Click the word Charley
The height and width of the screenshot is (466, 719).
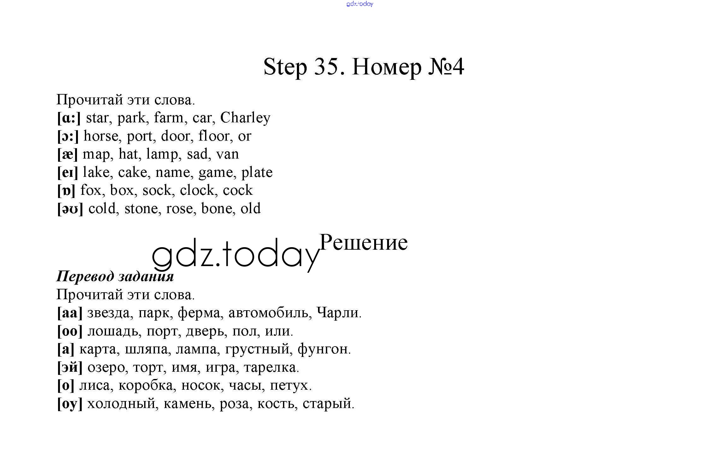pos(245,118)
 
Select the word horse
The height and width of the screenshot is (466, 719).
pos(101,136)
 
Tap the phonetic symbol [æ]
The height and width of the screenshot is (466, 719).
pos(68,154)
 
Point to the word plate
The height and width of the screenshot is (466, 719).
pos(257,173)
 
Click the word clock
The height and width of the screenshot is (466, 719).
pos(197,190)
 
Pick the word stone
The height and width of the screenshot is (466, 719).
pos(141,209)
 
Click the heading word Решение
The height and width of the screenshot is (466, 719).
pos(363,243)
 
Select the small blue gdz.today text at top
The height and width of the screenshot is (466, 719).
pos(360,4)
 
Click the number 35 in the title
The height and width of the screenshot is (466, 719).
pos(326,67)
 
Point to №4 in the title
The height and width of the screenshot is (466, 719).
pos(446,67)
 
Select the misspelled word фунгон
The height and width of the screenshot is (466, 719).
pos(323,349)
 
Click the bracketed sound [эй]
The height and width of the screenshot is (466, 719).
pos(70,368)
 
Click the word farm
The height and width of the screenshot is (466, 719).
pos(168,118)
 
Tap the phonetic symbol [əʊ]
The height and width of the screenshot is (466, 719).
pos(70,209)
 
